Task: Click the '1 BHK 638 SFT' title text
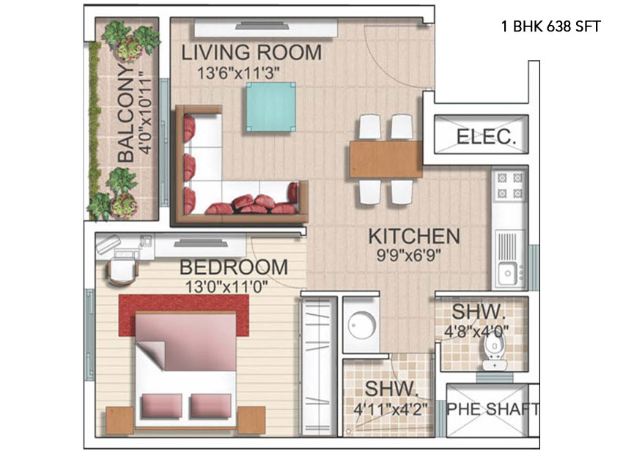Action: (550, 26)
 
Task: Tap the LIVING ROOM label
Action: (251, 53)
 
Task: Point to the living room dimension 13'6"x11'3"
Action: (238, 73)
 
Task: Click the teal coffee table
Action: (270, 107)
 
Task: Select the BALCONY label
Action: (126, 113)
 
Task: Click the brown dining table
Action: (386, 159)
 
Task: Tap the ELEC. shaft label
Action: (486, 137)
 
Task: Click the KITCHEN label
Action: (414, 237)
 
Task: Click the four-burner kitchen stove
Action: (510, 186)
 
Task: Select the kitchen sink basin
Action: (508, 273)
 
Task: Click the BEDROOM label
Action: (234, 267)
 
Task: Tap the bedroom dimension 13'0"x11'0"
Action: (226, 286)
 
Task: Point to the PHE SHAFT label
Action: (493, 409)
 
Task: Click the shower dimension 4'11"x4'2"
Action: (390, 409)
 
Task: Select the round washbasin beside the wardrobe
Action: (362, 325)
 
